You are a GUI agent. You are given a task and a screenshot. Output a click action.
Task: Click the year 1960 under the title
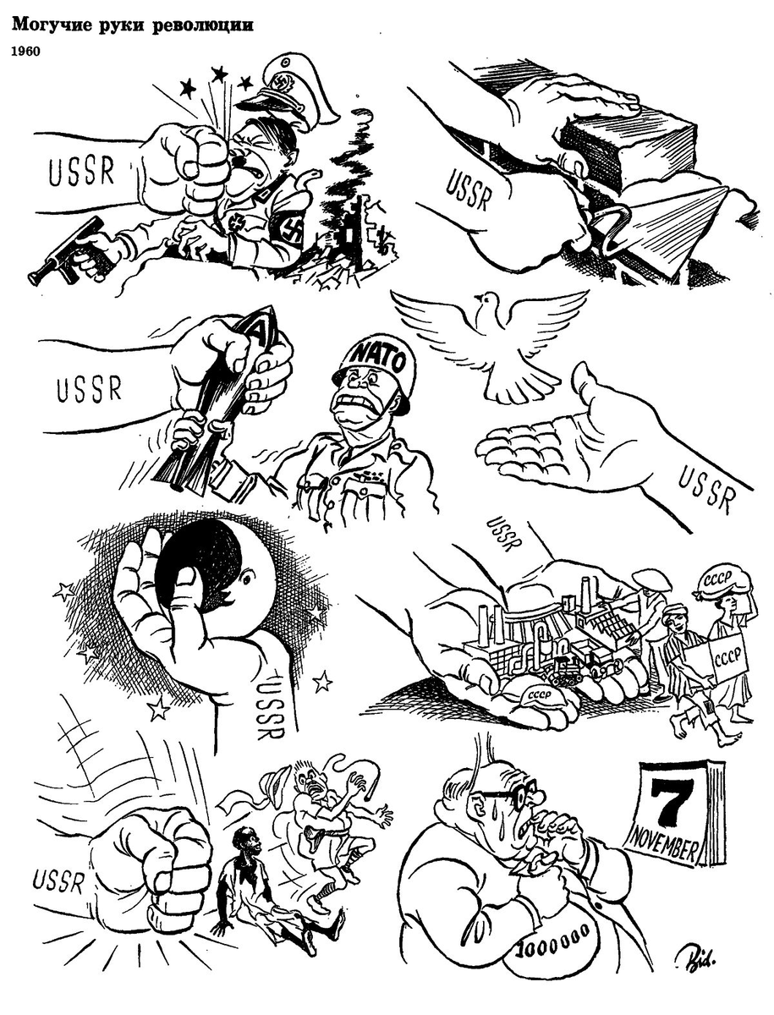pos(25,52)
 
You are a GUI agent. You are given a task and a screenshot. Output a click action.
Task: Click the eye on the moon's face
pos(249,577)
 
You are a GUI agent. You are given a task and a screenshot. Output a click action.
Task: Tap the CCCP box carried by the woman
pos(725,657)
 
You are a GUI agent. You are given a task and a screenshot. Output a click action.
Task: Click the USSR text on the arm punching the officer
pos(82,172)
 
